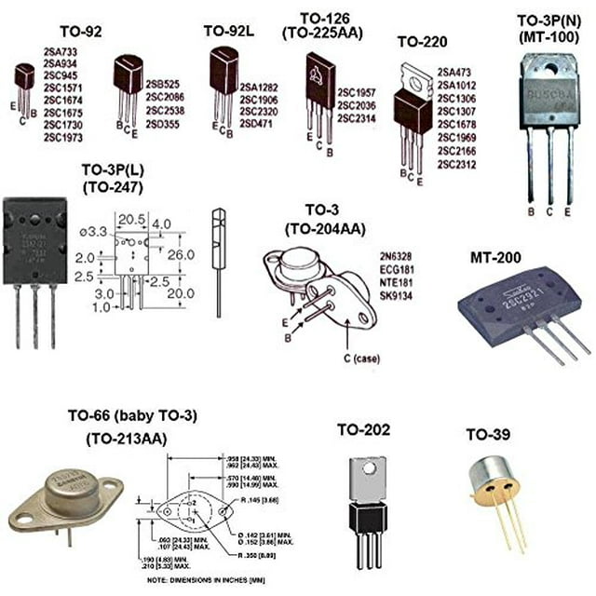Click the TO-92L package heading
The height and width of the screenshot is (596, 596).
pyautogui.click(x=229, y=31)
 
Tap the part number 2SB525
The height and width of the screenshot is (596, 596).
pyautogui.click(x=165, y=85)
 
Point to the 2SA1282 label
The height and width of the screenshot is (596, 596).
pyautogui.click(x=262, y=88)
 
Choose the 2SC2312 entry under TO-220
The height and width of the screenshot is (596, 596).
pyautogui.click(x=455, y=164)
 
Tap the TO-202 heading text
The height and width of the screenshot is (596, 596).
pyautogui.click(x=363, y=429)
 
